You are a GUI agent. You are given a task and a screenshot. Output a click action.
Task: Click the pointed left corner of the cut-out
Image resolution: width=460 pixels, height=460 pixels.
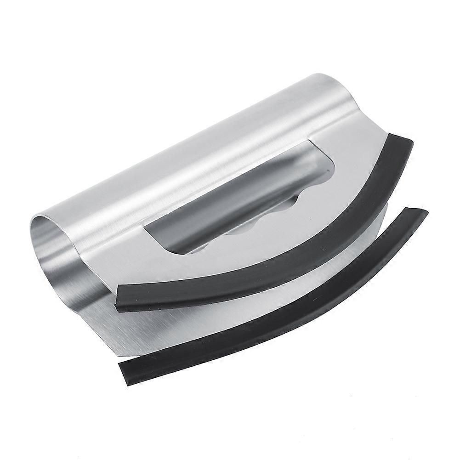[x=146, y=225]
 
